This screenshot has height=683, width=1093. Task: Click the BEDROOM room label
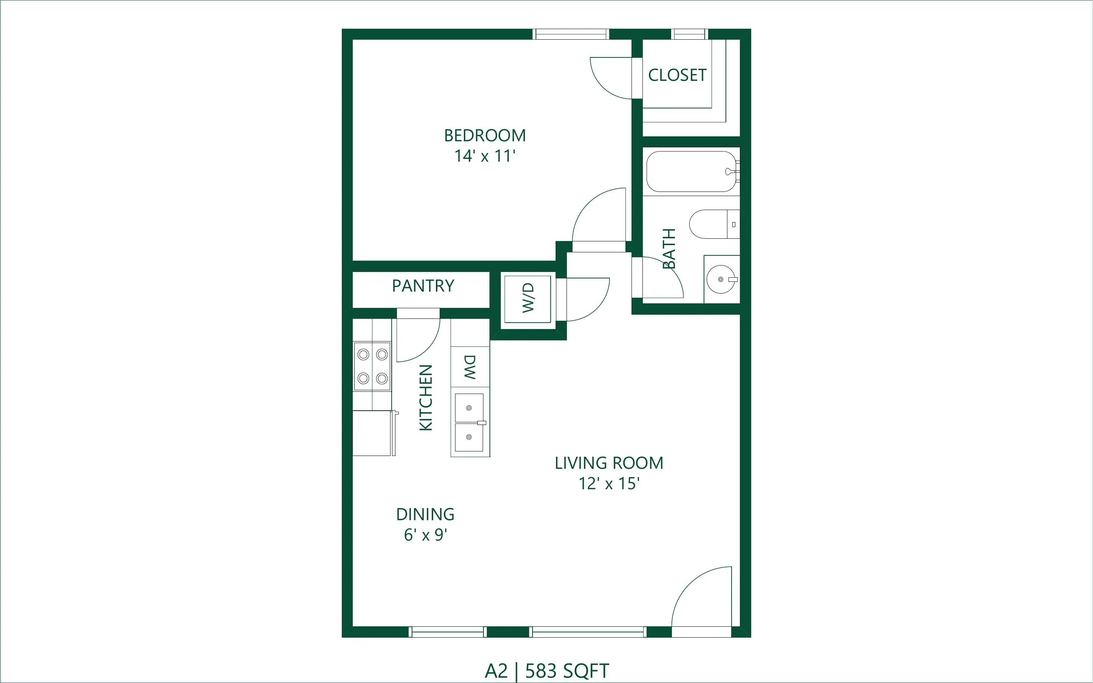(x=485, y=136)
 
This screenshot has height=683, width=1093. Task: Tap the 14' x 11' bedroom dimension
(x=485, y=156)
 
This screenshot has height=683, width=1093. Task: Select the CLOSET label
(x=677, y=75)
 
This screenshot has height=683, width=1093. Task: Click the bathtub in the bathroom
(x=691, y=172)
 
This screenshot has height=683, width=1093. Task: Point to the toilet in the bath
(x=714, y=224)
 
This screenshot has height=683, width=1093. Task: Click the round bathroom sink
(x=721, y=280)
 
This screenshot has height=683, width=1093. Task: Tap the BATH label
(x=669, y=249)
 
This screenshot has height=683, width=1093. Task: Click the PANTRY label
(x=423, y=286)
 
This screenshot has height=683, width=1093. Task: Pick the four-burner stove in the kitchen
(x=372, y=366)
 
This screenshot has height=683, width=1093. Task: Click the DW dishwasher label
(x=470, y=367)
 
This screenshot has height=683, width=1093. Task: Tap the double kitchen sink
(x=469, y=422)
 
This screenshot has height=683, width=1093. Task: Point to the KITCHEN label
(x=426, y=397)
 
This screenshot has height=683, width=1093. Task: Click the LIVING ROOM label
(x=609, y=463)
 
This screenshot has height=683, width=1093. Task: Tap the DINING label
(x=425, y=515)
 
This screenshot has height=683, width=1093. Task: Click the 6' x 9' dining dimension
(x=425, y=535)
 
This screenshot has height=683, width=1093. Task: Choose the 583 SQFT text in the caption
(x=567, y=671)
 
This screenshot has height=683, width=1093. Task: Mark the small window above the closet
(x=689, y=34)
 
